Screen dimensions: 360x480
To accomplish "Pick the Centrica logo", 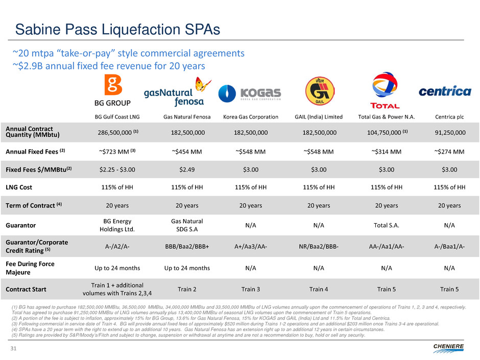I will click(x=445, y=92).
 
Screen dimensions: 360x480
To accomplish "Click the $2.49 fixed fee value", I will click(x=185, y=170).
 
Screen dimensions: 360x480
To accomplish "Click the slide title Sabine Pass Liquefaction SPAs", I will click(x=117, y=29).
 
